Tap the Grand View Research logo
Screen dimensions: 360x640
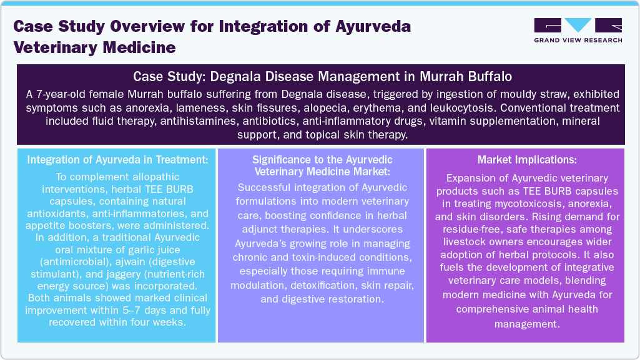[578, 31]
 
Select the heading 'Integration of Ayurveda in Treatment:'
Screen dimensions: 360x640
[117, 160]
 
